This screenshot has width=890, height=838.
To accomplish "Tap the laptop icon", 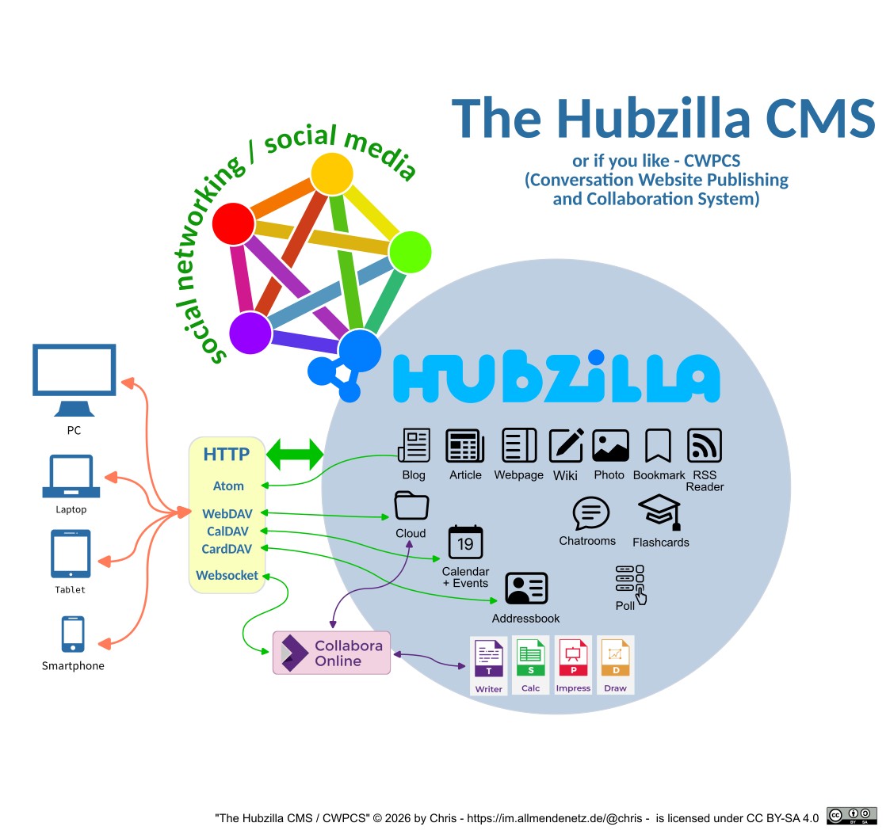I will [71, 476].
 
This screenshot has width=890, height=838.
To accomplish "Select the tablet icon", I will [71, 554].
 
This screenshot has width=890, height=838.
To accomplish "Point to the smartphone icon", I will [73, 634].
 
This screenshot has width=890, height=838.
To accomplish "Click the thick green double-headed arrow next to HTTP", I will [295, 455].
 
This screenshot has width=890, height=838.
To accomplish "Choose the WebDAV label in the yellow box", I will [227, 514].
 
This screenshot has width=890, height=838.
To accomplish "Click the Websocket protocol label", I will [227, 575].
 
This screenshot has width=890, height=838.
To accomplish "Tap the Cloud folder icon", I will [411, 505].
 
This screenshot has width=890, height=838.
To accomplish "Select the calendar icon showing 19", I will [465, 543].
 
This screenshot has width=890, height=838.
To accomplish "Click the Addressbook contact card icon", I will [526, 589].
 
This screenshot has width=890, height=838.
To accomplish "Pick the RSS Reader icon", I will [704, 445].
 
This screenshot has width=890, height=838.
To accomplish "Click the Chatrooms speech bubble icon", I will [590, 514].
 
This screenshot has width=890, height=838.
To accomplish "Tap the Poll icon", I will [630, 583].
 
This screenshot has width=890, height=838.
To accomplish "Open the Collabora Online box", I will [332, 653].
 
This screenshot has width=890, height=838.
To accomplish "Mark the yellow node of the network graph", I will [331, 173].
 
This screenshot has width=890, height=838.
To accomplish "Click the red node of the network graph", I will [234, 223].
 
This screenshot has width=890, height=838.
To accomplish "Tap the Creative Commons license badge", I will [851, 816].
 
